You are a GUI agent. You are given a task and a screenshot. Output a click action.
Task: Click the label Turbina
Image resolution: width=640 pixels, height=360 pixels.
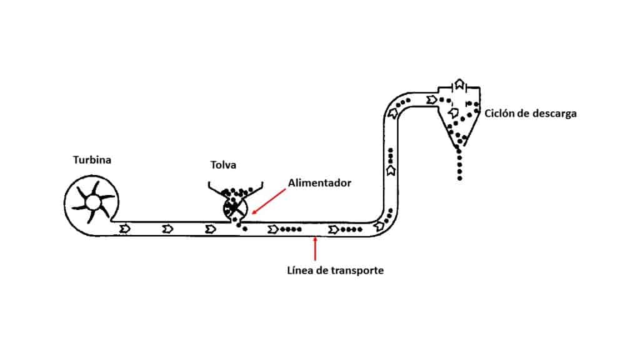[x=92, y=159]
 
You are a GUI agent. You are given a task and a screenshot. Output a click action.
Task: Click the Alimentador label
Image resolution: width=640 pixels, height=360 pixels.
[x=319, y=183]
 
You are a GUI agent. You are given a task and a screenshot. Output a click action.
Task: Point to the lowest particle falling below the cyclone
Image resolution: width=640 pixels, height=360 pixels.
[x=459, y=178]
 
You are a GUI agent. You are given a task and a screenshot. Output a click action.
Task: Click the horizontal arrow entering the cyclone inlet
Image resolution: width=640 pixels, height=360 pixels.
[x=431, y=99]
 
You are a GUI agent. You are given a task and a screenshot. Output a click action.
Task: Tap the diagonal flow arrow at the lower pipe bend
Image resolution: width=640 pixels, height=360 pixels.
[x=379, y=226]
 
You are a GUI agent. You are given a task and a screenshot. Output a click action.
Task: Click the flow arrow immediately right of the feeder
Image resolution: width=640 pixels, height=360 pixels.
[x=272, y=229]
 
